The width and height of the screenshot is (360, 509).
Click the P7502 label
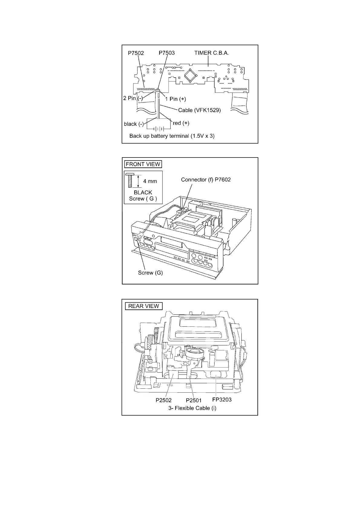pyautogui.click(x=136, y=53)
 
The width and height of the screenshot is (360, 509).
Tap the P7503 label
pyautogui.click(x=167, y=53)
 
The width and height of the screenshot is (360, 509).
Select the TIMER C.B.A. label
pyautogui.click(x=211, y=53)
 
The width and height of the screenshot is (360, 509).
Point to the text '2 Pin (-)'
pyautogui.click(x=133, y=98)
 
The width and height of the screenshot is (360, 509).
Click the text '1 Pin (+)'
pyautogui.click(x=175, y=99)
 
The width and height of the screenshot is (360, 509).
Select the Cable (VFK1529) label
pyautogui.click(x=199, y=110)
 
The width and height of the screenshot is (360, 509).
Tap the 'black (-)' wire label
pyautogui.click(x=134, y=124)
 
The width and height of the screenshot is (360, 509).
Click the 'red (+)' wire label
pyautogui.click(x=181, y=123)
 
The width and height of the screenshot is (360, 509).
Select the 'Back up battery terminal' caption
pyautogui.click(x=172, y=136)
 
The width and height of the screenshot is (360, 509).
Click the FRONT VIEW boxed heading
pyautogui.click(x=143, y=164)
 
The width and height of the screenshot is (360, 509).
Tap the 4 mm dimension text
pyautogui.click(x=150, y=181)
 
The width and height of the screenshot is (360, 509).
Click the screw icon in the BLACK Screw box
pyautogui.click(x=129, y=181)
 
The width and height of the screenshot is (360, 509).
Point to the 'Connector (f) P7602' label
pyautogui.click(x=206, y=180)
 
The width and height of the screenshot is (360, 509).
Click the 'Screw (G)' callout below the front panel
pyautogui.click(x=150, y=273)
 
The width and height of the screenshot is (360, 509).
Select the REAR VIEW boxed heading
pyautogui.click(x=143, y=306)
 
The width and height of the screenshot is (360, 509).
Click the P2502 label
pyautogui.click(x=164, y=400)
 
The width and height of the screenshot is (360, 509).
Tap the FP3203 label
pyautogui.click(x=222, y=400)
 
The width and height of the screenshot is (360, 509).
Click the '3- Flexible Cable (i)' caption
pyautogui.click(x=192, y=408)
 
